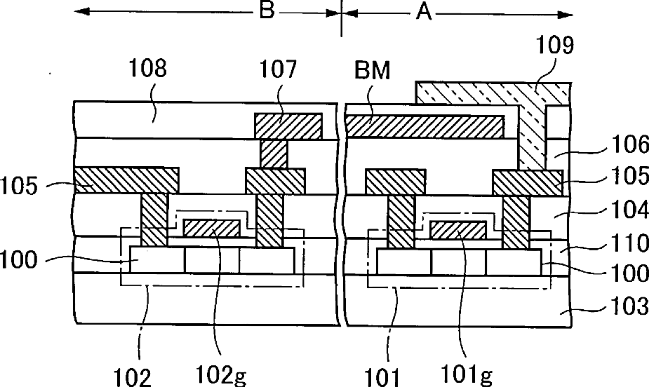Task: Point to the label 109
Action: (x=554, y=46)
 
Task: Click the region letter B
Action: (x=265, y=12)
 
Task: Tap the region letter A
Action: (x=424, y=12)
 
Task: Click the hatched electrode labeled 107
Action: (x=288, y=126)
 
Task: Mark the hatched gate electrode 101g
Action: (x=458, y=229)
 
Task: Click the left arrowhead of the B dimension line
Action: (x=79, y=12)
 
